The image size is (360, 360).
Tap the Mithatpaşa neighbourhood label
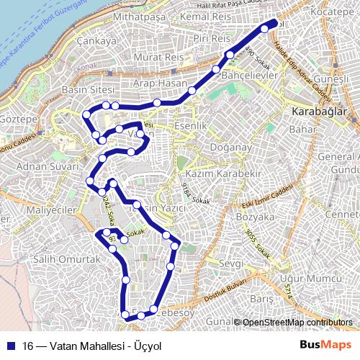coord(146,16)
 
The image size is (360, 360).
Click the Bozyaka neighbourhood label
coord(256,216)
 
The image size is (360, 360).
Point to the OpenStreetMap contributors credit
coord(297,323)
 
